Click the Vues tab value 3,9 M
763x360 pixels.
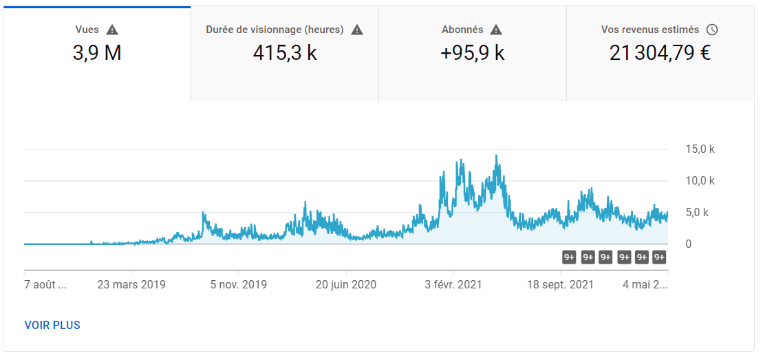coord(97,52)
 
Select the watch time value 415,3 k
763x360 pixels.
coord(285,52)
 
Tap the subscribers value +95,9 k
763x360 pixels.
coord(473,52)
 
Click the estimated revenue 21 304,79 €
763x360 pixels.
coord(660,52)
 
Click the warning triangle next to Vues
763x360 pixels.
coord(112,30)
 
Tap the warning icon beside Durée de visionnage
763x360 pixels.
coord(356,30)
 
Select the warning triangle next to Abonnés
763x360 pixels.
coord(496,30)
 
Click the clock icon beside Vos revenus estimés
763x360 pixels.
coord(712,30)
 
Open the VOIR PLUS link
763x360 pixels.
coord(52,325)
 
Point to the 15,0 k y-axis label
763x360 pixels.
coord(700,149)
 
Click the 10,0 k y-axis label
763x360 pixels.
coord(700,181)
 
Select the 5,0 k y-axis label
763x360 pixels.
coord(696,213)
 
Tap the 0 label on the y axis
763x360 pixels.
coord(688,244)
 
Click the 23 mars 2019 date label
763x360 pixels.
coord(131,284)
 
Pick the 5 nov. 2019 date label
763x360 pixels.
coord(239,284)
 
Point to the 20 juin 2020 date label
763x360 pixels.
coord(346,284)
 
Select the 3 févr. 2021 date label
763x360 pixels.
coord(453,284)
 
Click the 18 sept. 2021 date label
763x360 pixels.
coord(561,284)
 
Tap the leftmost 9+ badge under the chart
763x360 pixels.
coord(569,257)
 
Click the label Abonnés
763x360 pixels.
coord(462,30)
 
